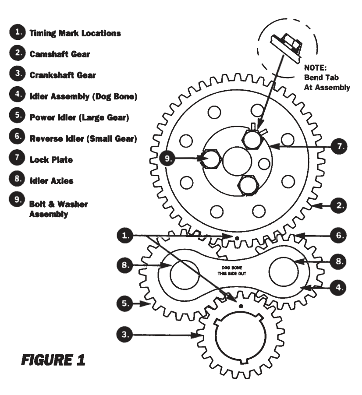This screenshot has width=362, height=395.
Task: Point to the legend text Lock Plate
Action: (51, 159)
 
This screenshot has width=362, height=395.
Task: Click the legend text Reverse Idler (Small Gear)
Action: (83, 138)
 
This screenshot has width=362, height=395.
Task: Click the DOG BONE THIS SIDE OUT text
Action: (230, 270)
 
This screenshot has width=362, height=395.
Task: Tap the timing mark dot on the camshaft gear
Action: (237, 238)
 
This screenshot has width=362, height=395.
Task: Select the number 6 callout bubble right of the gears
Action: (338, 235)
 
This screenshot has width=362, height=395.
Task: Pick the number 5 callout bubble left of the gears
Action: (126, 303)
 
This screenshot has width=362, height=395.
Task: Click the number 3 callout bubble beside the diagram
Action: (126, 335)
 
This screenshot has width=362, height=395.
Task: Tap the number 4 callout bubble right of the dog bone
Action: (338, 288)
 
